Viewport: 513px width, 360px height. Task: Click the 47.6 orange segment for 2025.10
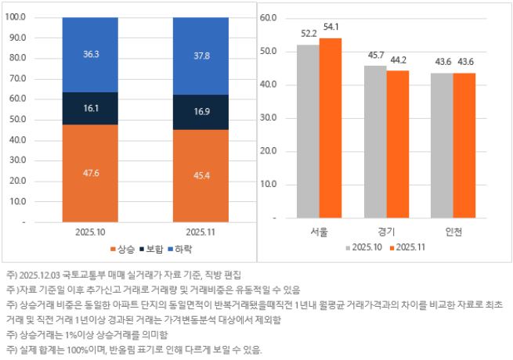pos(91,173)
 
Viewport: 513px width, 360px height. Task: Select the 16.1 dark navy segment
pos(91,109)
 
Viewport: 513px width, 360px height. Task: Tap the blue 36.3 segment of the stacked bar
pos(91,54)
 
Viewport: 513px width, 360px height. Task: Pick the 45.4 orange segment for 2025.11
pos(201,175)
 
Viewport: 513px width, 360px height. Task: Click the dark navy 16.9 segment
pos(201,112)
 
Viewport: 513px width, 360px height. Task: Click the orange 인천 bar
pos(464,145)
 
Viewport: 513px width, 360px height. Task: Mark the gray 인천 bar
pos(442,145)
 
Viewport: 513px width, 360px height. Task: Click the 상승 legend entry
pos(125,249)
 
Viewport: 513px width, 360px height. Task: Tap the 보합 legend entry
pos(153,249)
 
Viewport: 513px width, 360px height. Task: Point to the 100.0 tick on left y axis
pos(37,17)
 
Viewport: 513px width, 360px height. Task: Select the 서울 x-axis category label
pos(319,232)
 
